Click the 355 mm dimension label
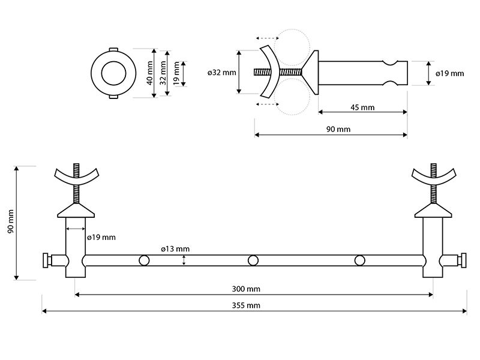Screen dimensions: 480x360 tap(246, 305)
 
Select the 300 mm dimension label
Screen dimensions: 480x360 tap(246, 289)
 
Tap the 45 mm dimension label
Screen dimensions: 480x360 tap(362, 107)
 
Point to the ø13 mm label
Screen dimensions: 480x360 tap(175, 249)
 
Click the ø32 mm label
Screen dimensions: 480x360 tap(222, 73)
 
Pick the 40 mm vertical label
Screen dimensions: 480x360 tap(149, 73)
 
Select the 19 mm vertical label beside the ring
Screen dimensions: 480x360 tap(176, 73)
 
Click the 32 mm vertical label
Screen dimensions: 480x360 tap(163, 73)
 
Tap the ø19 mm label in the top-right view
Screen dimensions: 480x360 tap(449, 73)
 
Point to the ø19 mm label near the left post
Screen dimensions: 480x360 tap(101, 237)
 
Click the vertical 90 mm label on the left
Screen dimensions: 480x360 tap(11, 221)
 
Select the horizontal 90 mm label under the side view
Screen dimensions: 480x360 tap(338, 129)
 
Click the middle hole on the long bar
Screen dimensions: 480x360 tap(253, 260)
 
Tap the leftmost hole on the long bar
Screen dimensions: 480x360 tap(144, 260)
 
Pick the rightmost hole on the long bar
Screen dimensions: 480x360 tap(359, 260)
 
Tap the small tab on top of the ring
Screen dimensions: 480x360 tap(113, 49)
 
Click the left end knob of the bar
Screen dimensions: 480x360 tap(46, 260)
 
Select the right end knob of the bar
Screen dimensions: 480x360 tap(463, 260)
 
